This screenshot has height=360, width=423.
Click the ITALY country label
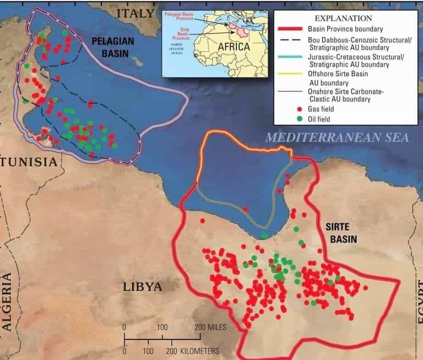coord(135,13)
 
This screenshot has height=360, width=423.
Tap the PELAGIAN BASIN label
coord(113,47)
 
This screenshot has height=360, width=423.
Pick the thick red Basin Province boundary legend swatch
coord(289,29)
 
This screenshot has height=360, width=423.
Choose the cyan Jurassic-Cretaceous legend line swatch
coord(289,57)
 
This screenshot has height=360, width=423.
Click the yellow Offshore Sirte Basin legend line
coord(289,74)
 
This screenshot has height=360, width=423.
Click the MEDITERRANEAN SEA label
coord(337,137)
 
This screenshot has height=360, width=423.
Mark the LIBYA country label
coord(142,287)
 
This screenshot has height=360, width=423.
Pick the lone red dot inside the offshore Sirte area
coord(245,209)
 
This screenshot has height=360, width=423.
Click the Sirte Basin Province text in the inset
coord(175,33)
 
